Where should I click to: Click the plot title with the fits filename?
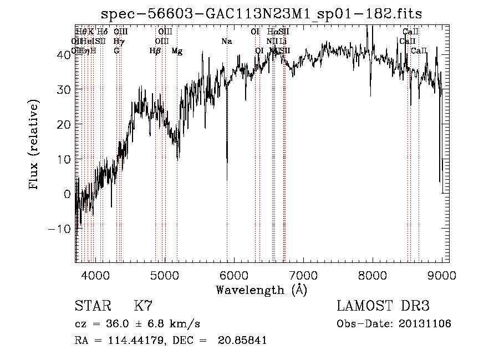tap(262, 14)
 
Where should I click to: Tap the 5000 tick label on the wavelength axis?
tap(165, 276)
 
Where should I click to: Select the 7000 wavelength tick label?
tap(303, 276)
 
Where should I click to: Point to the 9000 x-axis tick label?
tap(442, 276)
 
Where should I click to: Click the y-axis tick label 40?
tap(65, 54)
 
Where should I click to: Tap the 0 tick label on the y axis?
tap(68, 194)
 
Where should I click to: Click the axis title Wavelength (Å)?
tap(262, 290)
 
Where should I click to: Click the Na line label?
tap(226, 42)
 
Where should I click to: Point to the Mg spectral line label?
tap(177, 51)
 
